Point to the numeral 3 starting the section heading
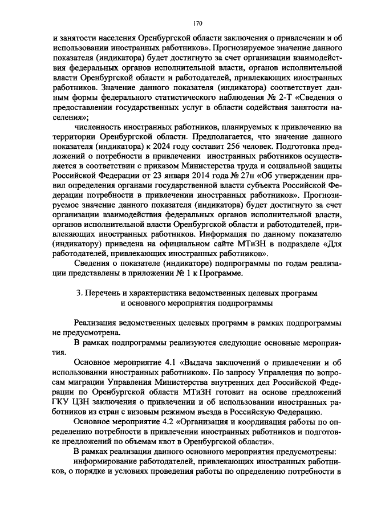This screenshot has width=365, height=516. (79, 293)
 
